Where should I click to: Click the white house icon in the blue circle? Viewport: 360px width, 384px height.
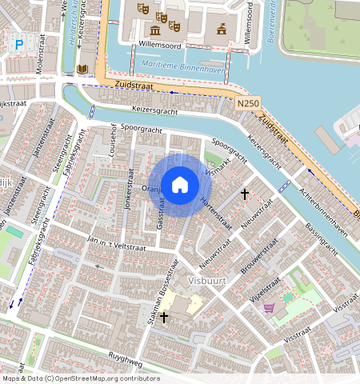(x=180, y=184)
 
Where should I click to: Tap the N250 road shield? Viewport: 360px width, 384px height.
(x=247, y=104)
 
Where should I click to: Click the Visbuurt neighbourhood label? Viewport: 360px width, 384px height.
(x=209, y=282)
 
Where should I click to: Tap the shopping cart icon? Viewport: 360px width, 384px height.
(x=270, y=307)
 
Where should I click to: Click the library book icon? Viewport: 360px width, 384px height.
(x=82, y=70)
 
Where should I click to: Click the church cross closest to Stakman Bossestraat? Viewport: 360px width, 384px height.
(x=164, y=318)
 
